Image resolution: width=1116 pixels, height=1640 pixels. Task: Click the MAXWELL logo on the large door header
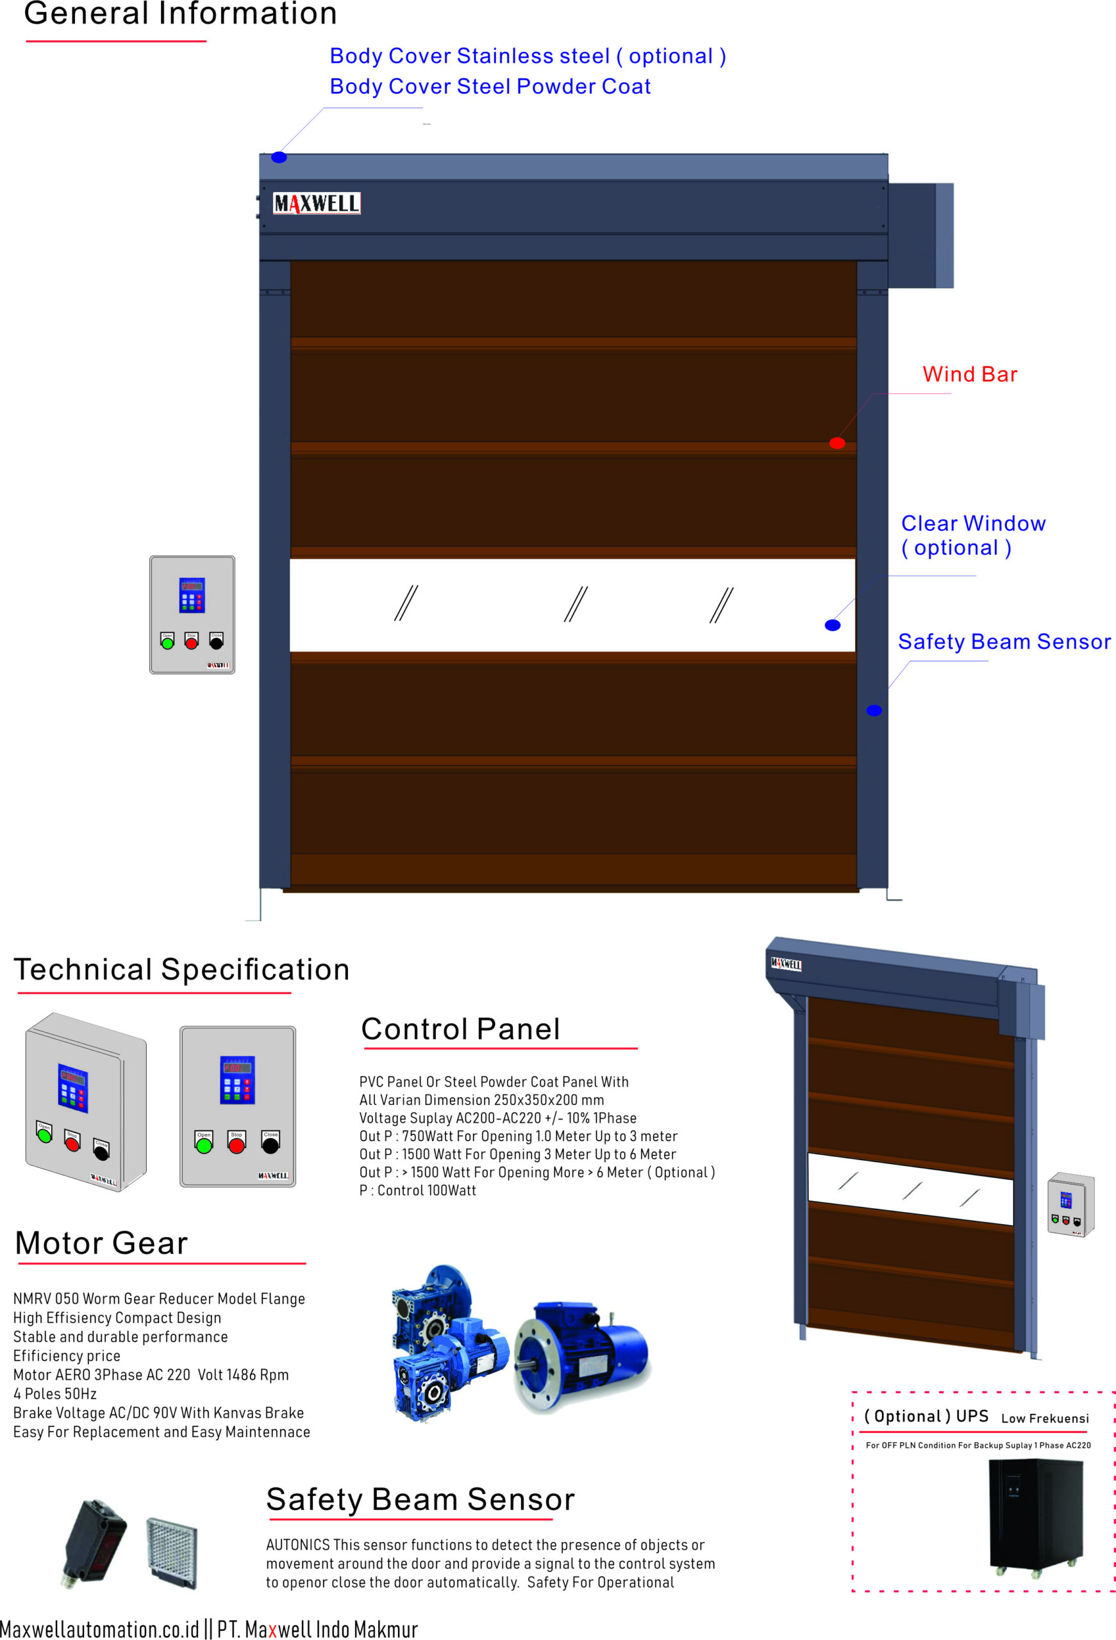click(316, 203)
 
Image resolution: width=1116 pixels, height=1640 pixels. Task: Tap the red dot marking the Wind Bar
click(837, 443)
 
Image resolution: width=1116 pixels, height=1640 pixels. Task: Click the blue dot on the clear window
click(832, 625)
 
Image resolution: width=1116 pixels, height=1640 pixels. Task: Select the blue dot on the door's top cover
click(279, 158)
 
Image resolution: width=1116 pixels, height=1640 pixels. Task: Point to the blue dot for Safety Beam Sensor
click(873, 710)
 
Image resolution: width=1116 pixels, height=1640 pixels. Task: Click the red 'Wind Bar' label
click(969, 374)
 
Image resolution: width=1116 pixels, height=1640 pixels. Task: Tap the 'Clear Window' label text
click(972, 523)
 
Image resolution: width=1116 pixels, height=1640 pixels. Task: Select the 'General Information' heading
click(180, 14)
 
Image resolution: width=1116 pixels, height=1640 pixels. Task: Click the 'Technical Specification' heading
click(181, 970)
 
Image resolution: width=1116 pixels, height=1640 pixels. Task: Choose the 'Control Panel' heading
click(460, 1029)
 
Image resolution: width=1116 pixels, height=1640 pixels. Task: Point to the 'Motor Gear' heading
click(102, 1243)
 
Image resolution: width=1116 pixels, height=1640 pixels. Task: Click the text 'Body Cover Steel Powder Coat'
click(490, 86)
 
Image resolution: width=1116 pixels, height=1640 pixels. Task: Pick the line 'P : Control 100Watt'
click(417, 1190)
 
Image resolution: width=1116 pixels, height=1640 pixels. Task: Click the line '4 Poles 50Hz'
click(55, 1394)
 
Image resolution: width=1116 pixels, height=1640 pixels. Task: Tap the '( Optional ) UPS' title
click(926, 1416)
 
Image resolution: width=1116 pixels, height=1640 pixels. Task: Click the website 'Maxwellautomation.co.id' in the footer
click(99, 1628)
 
